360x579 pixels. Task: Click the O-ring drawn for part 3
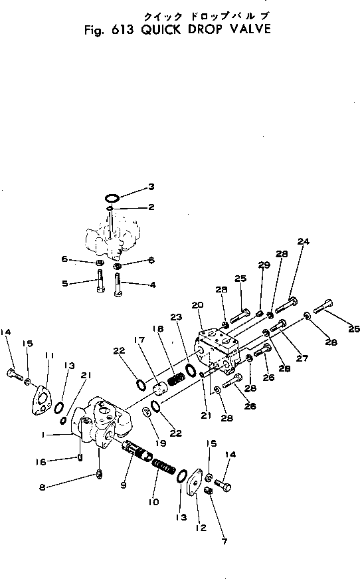click(x=113, y=197)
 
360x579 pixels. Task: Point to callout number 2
click(x=151, y=207)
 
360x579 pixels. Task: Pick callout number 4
click(x=152, y=285)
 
